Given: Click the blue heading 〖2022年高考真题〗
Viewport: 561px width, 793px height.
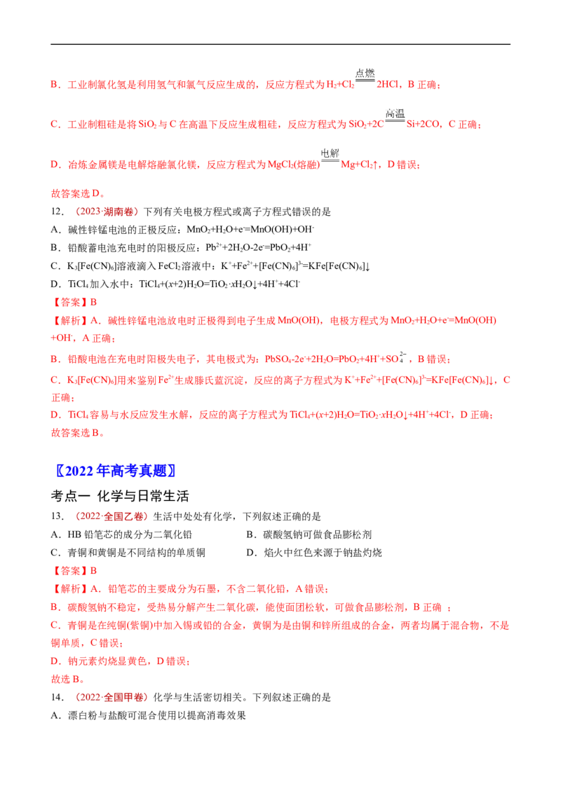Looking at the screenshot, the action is (x=116, y=471).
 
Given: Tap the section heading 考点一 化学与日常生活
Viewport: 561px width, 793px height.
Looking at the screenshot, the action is (x=120, y=496).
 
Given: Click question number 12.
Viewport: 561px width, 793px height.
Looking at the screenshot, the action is (x=58, y=212).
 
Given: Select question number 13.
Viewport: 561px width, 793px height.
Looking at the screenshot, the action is (x=58, y=516).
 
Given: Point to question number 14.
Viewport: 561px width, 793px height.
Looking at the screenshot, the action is (x=58, y=698).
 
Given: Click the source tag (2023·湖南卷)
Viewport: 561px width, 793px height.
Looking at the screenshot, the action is (x=105, y=212).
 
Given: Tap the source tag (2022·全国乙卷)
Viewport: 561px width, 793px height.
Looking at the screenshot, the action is (x=110, y=516).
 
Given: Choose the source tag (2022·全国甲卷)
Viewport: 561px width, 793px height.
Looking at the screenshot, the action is (x=110, y=698).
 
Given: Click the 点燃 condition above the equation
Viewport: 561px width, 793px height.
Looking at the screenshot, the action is (x=365, y=74).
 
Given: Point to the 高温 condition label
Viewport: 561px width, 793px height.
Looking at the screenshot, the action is (x=395, y=113).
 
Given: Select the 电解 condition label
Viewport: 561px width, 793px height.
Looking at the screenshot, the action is (x=330, y=153).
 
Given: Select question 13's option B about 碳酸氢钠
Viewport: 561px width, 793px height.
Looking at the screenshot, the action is (x=309, y=535).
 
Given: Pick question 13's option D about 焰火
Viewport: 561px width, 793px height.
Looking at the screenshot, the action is (x=314, y=553).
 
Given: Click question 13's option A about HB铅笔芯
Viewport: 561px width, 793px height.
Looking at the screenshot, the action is (x=121, y=535).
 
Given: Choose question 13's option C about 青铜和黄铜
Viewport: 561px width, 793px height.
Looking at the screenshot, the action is (x=128, y=553).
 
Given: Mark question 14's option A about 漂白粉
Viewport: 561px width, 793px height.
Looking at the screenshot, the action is (x=149, y=716).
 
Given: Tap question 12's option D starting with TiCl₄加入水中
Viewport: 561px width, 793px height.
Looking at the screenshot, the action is (x=176, y=284).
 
